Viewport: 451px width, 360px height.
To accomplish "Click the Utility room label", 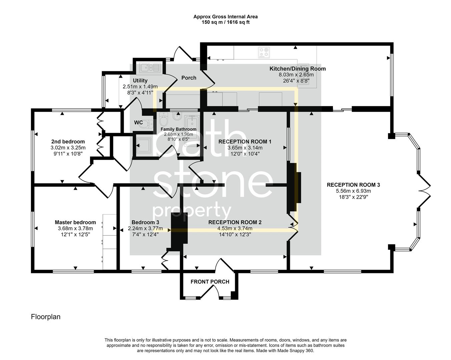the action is [x=140, y=81].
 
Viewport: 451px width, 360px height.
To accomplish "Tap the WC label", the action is [x=138, y=123].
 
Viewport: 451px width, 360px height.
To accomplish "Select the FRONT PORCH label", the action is [x=210, y=282].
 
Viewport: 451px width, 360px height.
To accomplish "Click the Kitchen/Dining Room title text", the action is [x=297, y=69].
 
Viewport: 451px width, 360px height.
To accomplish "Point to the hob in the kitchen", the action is [x=264, y=52].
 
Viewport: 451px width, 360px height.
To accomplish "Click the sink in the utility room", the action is [x=150, y=68].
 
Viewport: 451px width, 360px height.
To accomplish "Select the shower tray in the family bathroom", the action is [x=143, y=145].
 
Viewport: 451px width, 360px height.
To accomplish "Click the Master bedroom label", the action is [x=75, y=222].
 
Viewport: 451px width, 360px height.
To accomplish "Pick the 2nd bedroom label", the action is [x=68, y=142].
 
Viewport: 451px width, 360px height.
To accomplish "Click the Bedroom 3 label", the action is [x=145, y=222].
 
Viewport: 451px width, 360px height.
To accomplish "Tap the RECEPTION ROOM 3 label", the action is [x=353, y=185].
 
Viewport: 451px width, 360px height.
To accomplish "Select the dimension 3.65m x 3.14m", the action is [x=245, y=148].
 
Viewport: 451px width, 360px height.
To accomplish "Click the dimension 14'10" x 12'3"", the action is [x=235, y=235].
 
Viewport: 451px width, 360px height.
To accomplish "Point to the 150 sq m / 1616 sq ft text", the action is [x=225, y=22].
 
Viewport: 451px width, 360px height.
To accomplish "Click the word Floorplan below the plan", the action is [x=46, y=317].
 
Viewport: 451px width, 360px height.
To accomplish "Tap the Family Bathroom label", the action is [x=178, y=129].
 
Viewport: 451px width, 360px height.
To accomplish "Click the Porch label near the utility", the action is [x=189, y=78].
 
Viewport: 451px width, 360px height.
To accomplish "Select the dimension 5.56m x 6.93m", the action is [x=353, y=191].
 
